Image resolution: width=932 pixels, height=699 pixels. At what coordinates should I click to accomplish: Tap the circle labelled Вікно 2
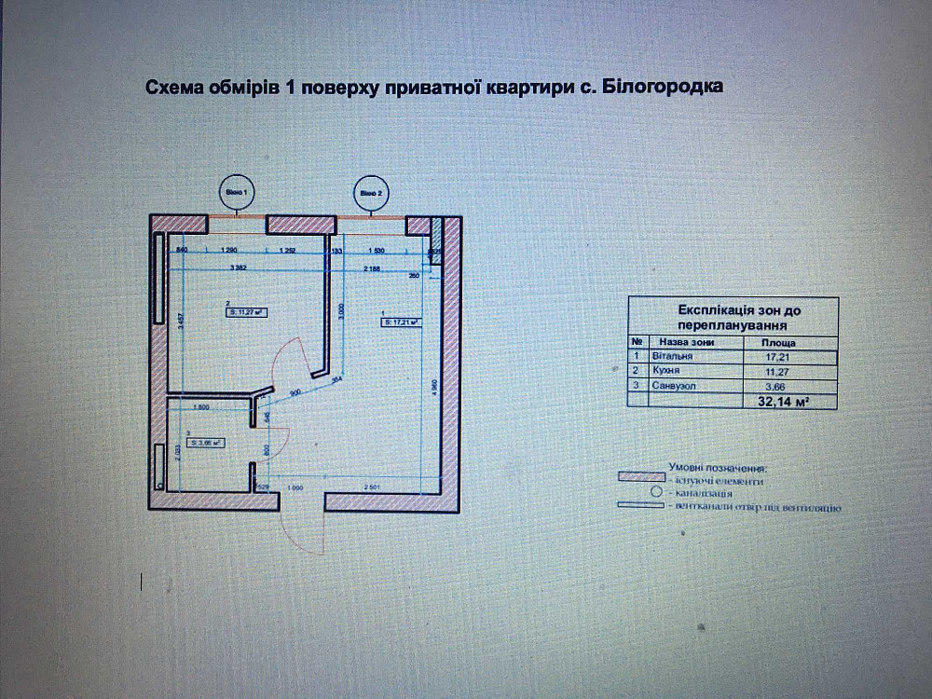[370, 193]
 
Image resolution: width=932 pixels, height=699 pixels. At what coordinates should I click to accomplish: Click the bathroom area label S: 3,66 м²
[203, 444]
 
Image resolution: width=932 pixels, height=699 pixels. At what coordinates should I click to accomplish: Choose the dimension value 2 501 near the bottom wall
[372, 487]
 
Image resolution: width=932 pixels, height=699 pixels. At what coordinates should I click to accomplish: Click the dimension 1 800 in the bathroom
[200, 406]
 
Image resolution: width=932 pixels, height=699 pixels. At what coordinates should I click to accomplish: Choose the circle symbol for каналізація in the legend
[655, 491]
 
